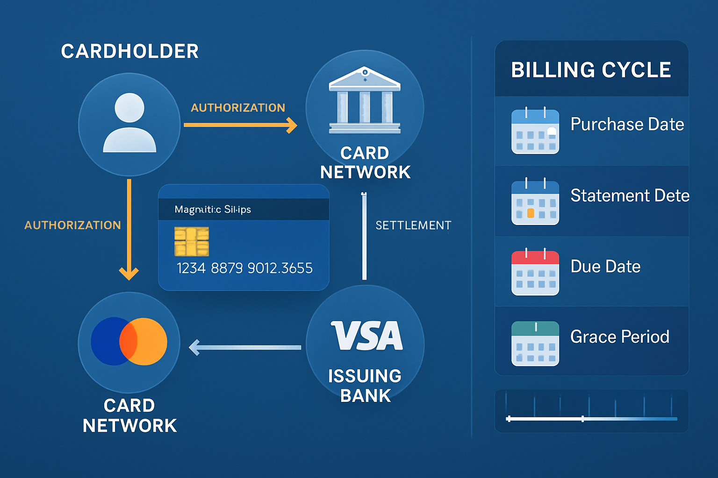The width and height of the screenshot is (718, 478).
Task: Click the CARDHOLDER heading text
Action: pos(129,51)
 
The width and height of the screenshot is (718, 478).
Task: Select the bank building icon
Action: pos(365,100)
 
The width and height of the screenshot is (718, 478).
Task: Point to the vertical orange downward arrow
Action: pos(129,229)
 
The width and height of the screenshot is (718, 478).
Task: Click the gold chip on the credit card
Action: pos(192,241)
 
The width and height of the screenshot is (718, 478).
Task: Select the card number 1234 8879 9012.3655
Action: pos(244,268)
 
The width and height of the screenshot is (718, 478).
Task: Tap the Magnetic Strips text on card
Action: pos(213,210)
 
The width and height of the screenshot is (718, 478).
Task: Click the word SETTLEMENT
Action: pos(413,225)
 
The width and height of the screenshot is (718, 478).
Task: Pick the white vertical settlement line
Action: pos(364,236)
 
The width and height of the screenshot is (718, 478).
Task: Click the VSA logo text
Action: pos(367,336)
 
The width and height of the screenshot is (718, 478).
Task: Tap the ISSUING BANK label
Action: pos(365,386)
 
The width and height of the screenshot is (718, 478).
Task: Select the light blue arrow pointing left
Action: pos(245,347)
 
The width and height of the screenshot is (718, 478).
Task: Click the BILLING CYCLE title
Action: pos(591,70)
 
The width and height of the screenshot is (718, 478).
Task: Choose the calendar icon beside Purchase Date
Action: pos(535,132)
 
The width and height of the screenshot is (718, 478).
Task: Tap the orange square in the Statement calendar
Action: pos(531,213)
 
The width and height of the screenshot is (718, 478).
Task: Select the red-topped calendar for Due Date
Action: pos(535,273)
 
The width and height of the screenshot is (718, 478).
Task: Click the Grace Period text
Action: pos(620,337)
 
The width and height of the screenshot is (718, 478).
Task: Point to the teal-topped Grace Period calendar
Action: pos(535,344)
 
